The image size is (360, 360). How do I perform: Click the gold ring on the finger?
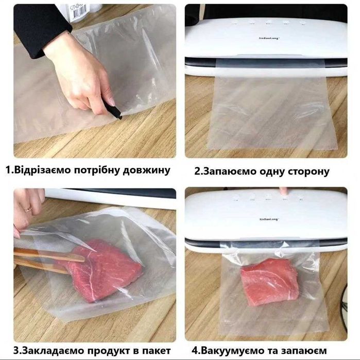click(28, 209)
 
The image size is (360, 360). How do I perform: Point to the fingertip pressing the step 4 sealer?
click(283, 191)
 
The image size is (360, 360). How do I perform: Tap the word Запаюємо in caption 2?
click(230, 172)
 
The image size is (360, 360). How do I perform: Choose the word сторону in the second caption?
click(305, 172)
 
